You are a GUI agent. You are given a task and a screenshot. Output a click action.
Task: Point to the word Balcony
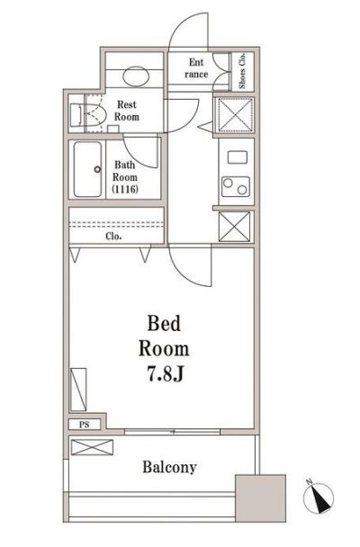[168, 468]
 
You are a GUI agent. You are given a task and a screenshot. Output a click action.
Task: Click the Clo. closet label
[113, 237]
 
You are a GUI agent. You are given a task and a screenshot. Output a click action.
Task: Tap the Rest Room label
[125, 111]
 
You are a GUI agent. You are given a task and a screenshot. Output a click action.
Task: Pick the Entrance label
[198, 68]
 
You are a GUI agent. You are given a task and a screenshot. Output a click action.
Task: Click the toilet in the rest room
[88, 114]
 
